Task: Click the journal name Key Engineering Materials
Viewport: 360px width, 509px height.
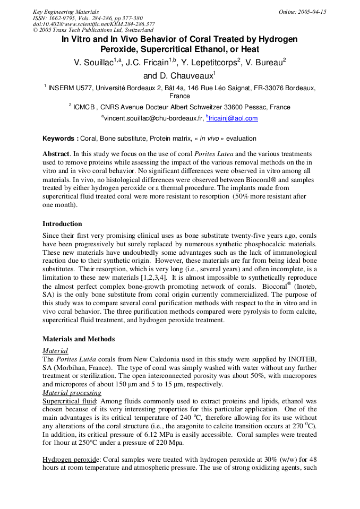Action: (x=66, y=12)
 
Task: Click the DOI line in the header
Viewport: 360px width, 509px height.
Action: (x=94, y=24)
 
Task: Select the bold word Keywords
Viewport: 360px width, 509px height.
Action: (x=60, y=139)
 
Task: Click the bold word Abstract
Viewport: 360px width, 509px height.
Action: (x=56, y=153)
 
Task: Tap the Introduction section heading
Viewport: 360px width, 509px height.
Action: (x=62, y=223)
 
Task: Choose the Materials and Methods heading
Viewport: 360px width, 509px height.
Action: (x=79, y=339)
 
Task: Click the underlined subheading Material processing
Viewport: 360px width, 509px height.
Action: (x=72, y=393)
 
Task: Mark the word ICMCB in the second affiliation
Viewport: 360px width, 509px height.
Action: (x=85, y=107)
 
